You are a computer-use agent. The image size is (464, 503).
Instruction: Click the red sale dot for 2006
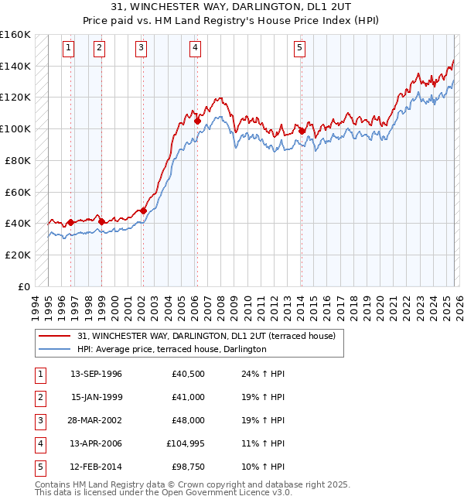(x=197, y=121)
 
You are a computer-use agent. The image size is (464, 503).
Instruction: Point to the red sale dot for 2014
(x=302, y=131)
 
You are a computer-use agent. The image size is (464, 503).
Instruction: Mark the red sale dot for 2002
(x=143, y=210)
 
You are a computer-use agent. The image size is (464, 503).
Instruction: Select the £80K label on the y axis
(x=18, y=160)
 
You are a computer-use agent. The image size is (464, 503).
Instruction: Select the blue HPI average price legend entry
(x=171, y=350)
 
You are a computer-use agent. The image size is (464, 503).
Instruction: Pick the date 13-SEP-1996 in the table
(x=96, y=374)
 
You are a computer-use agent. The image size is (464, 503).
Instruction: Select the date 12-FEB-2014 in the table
(x=96, y=467)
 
